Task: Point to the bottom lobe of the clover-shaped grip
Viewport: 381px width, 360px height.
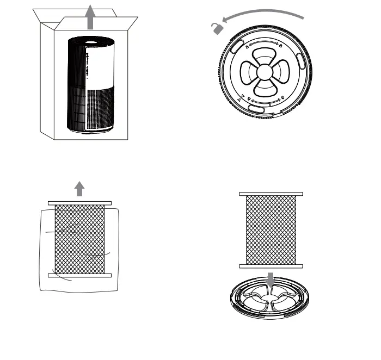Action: pyautogui.click(x=263, y=88)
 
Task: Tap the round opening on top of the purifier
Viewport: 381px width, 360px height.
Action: pyautogui.click(x=90, y=40)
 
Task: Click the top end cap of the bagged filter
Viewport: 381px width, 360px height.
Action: pyautogui.click(x=79, y=203)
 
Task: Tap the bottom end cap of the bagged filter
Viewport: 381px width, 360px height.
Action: pyautogui.click(x=79, y=276)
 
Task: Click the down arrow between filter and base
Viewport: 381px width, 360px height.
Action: pyautogui.click(x=271, y=279)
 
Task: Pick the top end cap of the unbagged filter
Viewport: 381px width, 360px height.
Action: pyautogui.click(x=271, y=194)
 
